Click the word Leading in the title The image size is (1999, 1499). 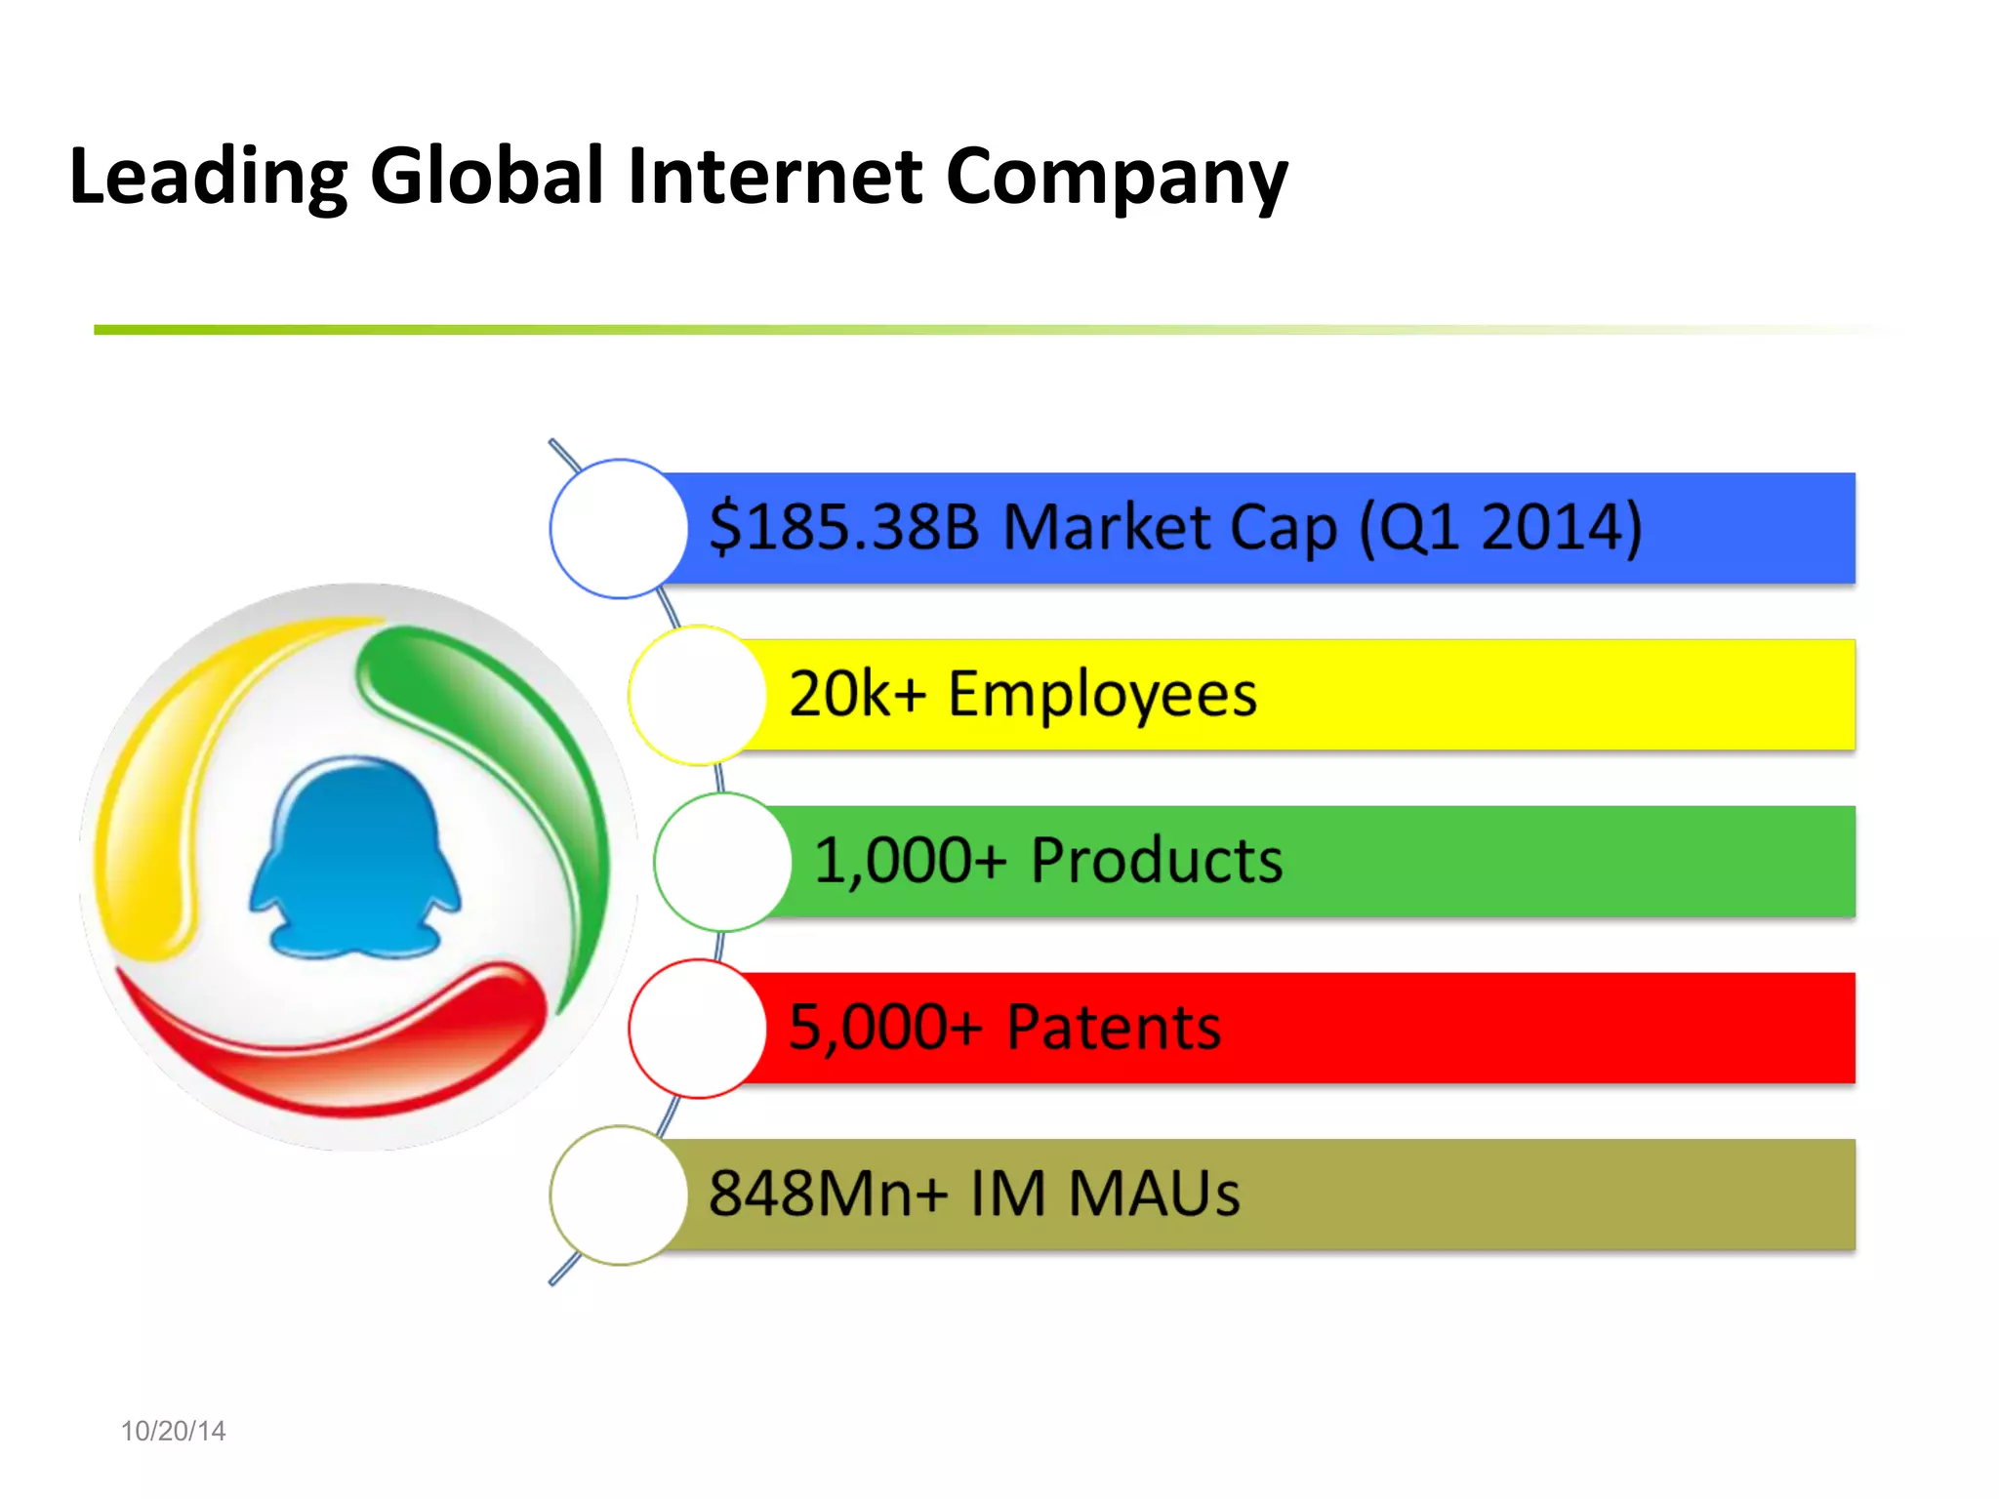click(x=208, y=178)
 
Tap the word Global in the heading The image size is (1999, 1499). click(x=487, y=176)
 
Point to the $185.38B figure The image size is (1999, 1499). click(x=843, y=527)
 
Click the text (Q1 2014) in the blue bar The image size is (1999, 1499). click(x=1500, y=527)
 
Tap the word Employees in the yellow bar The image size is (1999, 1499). click(x=1102, y=695)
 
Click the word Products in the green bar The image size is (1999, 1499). click(x=1157, y=861)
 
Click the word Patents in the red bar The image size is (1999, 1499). click(x=1114, y=1028)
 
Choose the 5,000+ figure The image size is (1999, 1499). click(x=884, y=1028)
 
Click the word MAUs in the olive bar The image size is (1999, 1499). click(x=1154, y=1194)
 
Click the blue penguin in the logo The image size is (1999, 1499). click(x=354, y=859)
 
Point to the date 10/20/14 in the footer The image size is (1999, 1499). click(x=173, y=1431)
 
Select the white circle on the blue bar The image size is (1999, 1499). click(x=618, y=529)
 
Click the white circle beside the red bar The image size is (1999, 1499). click(x=697, y=1029)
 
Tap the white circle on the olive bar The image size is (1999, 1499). click(x=618, y=1195)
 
